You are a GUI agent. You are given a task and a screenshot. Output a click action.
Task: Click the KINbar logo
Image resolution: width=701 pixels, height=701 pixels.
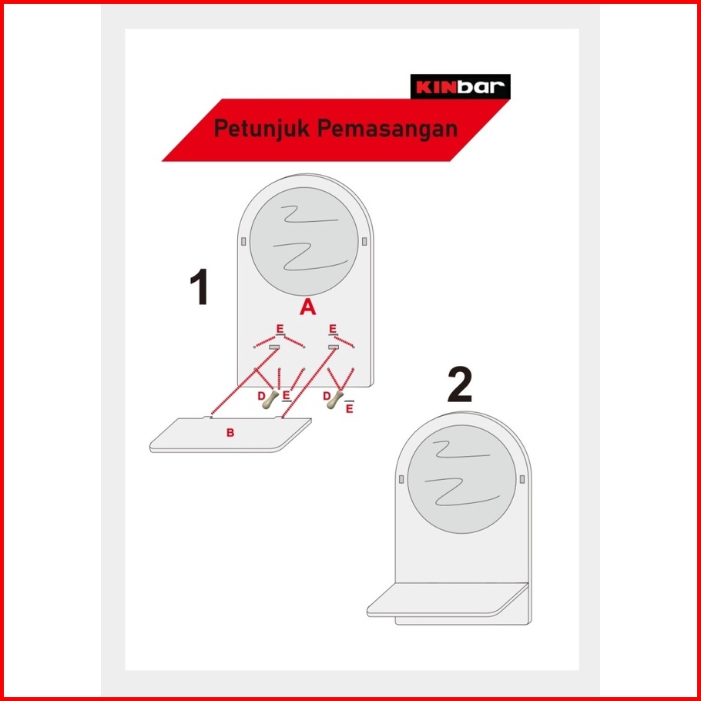click(460, 86)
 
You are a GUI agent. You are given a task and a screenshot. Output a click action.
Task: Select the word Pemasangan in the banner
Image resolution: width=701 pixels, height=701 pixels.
click(387, 129)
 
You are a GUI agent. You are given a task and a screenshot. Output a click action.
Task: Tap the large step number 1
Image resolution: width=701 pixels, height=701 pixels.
click(199, 287)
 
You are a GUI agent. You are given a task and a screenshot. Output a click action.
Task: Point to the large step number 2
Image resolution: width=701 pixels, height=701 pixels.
click(460, 384)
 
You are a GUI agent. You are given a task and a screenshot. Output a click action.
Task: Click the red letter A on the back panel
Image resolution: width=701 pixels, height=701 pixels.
click(307, 307)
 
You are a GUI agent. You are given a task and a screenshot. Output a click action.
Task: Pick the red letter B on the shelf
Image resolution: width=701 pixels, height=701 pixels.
click(230, 432)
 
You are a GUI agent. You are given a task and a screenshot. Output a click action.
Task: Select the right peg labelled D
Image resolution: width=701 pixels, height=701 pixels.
click(335, 399)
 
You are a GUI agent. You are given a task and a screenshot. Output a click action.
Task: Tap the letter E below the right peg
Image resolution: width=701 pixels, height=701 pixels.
click(350, 408)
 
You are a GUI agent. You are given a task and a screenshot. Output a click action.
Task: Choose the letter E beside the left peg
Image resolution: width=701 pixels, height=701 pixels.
click(286, 396)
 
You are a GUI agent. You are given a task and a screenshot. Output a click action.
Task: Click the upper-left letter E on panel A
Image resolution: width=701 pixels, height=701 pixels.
click(280, 329)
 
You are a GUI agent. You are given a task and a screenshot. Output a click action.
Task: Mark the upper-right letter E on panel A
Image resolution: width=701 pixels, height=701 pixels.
click(333, 329)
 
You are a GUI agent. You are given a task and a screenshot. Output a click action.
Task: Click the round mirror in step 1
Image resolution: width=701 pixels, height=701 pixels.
click(304, 241)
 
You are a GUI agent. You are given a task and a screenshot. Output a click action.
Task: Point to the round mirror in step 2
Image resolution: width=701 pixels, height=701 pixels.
click(461, 479)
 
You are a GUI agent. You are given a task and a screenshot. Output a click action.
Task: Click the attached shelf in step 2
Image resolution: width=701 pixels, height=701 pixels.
click(448, 600)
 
